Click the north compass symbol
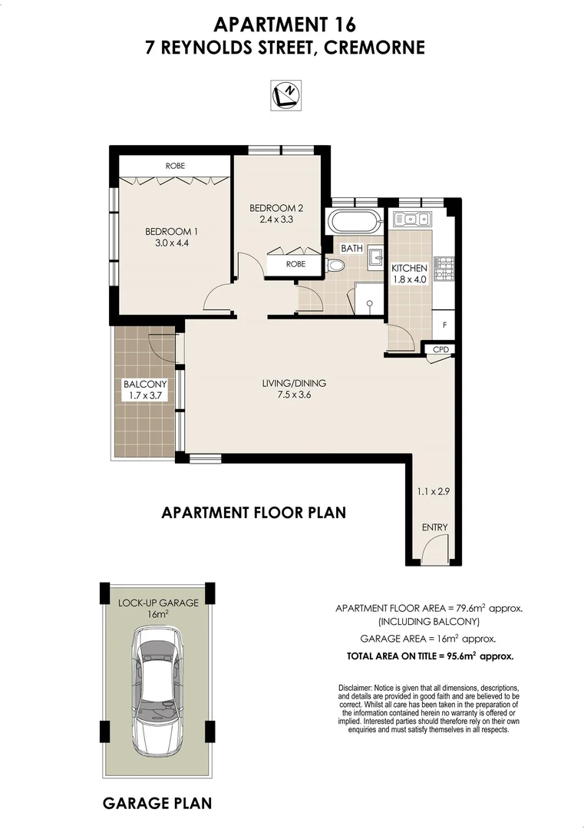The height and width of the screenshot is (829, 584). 286,94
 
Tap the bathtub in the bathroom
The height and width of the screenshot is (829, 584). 354,223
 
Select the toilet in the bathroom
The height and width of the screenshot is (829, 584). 335,265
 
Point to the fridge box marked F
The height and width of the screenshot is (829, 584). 444,324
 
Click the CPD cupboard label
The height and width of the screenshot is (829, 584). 440,350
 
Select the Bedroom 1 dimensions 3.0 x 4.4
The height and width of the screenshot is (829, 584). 167,244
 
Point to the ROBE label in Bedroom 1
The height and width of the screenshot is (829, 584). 175,166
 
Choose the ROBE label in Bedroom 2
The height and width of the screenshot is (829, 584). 295,264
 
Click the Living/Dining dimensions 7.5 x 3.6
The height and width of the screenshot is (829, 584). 299,396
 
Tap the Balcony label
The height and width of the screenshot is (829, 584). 144,385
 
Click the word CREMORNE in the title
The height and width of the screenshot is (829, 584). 374,48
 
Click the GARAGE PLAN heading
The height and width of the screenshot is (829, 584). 157,804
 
